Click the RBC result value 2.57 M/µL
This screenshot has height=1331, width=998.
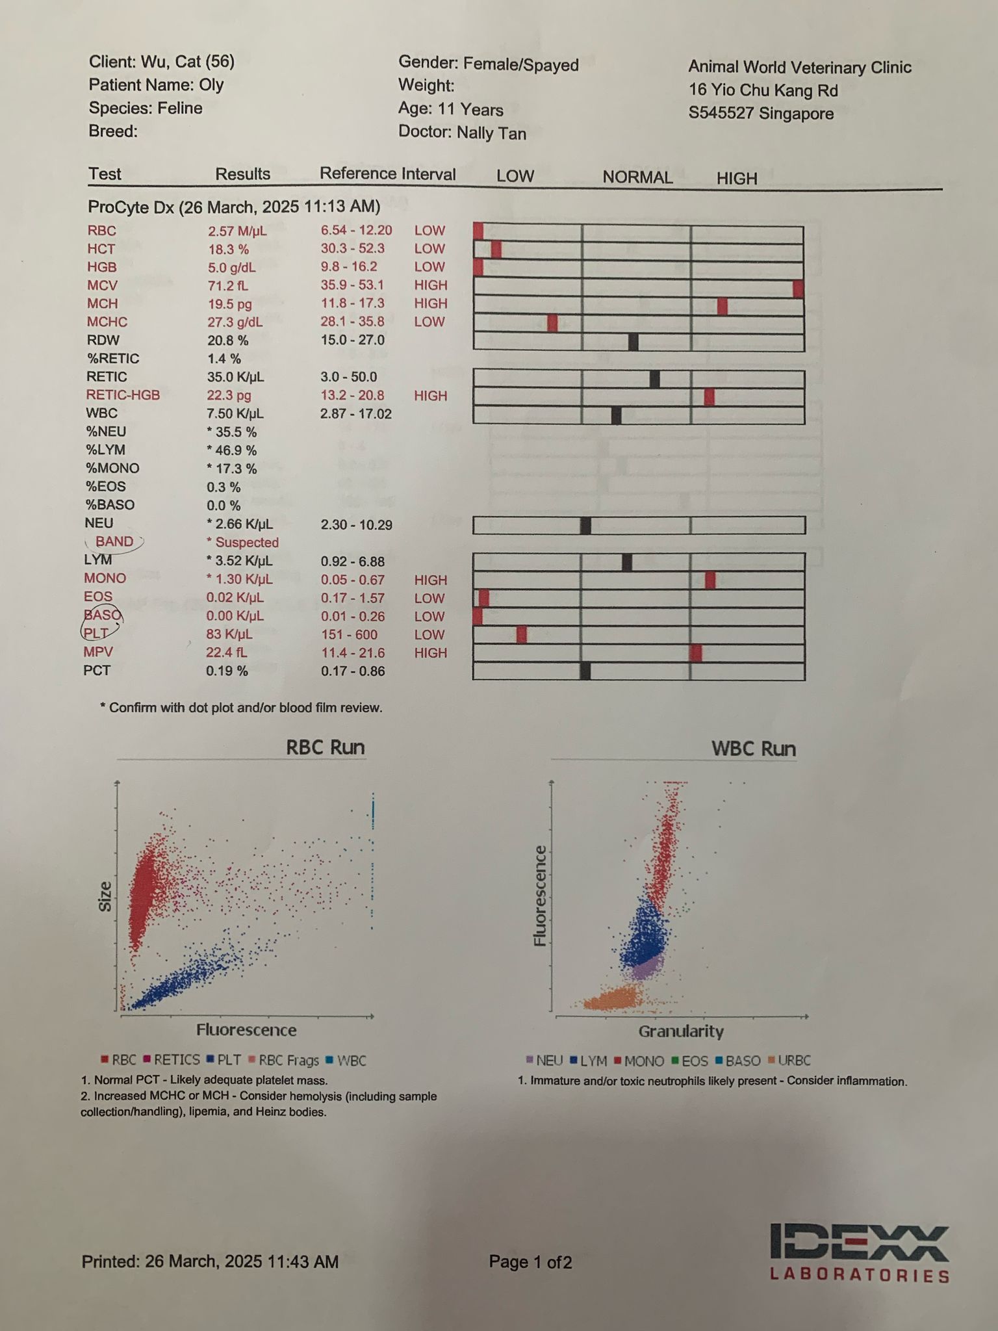(x=237, y=231)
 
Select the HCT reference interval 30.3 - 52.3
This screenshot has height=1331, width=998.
(x=352, y=248)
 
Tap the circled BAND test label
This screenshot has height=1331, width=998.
(x=114, y=541)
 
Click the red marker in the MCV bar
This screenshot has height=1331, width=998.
(x=799, y=289)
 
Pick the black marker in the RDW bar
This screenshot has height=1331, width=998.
(x=633, y=341)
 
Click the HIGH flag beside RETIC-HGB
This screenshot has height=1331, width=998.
(x=431, y=396)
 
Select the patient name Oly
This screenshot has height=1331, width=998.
(x=212, y=84)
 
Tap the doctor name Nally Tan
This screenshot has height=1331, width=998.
(x=491, y=133)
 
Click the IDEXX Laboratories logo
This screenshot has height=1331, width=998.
(x=859, y=1253)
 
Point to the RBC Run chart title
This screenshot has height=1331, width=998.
(x=325, y=747)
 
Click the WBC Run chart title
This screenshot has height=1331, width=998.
(x=753, y=749)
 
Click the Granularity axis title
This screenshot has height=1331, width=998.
(x=680, y=1031)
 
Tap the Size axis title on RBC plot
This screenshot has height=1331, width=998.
(x=105, y=897)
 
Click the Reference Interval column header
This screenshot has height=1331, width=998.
(x=387, y=174)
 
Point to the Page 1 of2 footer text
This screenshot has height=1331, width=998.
(x=530, y=1262)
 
